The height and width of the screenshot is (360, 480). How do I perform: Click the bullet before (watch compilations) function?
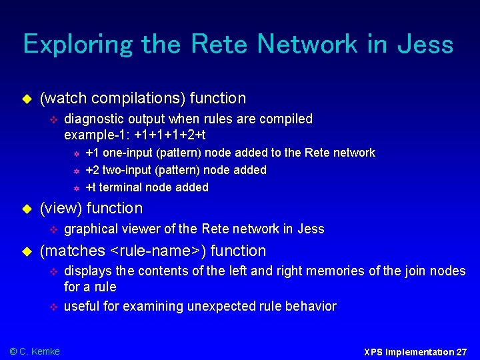coord(27,99)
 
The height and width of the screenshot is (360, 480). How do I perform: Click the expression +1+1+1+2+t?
coord(163,134)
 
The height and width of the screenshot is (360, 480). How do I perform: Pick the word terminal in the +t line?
coord(121,187)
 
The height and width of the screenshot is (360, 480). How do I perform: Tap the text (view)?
coord(61,208)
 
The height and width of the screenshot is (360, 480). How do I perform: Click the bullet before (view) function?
coord(27,209)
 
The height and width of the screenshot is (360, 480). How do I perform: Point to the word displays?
coord(87,271)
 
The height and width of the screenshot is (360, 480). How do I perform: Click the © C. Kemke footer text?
coord(35,351)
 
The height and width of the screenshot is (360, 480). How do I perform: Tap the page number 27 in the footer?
coord(461,351)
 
